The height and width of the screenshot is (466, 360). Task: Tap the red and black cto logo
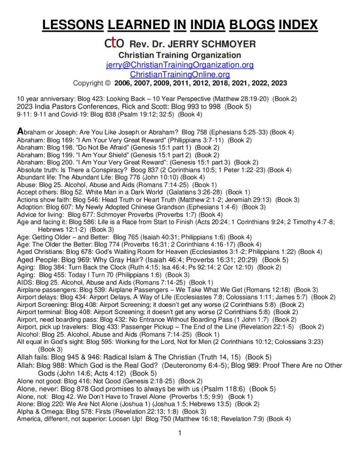[112, 44]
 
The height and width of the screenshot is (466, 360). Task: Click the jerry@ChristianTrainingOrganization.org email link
[180, 65]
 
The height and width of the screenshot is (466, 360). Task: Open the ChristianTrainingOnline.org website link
[180, 74]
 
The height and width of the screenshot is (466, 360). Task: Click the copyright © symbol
[107, 83]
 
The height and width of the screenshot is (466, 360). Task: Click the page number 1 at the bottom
[180, 432]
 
